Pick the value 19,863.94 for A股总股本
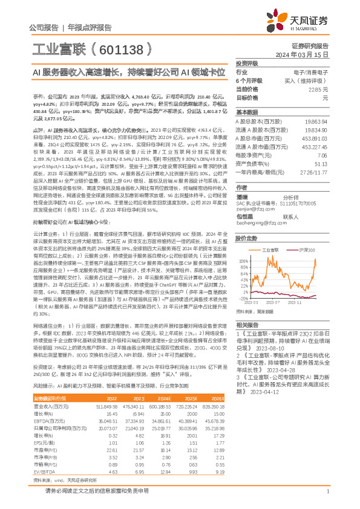[x=316, y=122]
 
